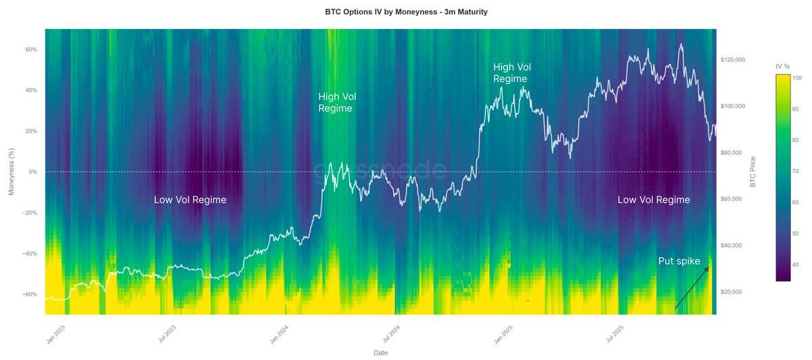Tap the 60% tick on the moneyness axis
(31, 49)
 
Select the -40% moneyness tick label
(30, 254)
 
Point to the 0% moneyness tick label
(33, 172)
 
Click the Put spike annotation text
(679, 261)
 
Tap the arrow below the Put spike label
(692, 288)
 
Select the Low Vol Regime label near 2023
(190, 200)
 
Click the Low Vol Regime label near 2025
(654, 200)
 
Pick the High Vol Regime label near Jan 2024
(336, 102)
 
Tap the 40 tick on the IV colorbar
(794, 265)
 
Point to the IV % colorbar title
(784, 66)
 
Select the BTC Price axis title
(753, 172)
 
